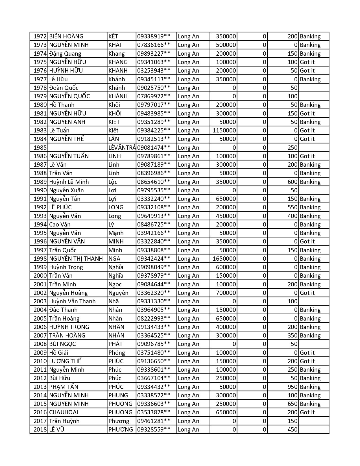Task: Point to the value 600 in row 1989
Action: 293,182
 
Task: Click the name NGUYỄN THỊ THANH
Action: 76,259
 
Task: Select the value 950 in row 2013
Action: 293,387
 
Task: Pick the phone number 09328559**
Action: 154,430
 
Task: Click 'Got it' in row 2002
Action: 307,293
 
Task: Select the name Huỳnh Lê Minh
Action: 69,182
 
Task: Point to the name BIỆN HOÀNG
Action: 66,36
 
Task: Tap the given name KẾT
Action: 113,36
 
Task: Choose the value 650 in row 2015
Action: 293,404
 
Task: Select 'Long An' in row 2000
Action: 189,276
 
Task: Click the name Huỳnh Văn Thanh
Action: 72,301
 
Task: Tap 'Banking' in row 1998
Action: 310,259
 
